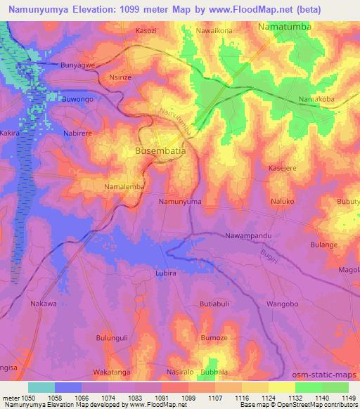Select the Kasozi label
coord(146,32)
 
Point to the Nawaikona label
coord(214,32)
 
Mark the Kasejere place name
coord(284,168)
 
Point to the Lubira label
coord(164,271)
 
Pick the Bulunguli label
coord(112,337)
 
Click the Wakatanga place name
coord(112,370)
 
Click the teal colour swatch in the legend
coord(41,387)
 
